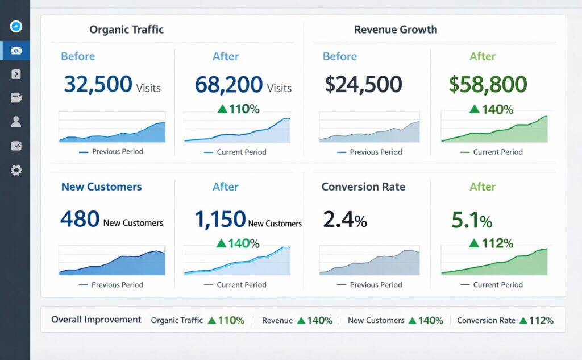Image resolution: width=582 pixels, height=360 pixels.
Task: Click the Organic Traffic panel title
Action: tap(126, 30)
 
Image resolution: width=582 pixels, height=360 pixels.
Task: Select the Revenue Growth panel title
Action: tap(396, 30)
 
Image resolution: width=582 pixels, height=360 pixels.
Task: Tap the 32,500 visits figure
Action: tap(98, 84)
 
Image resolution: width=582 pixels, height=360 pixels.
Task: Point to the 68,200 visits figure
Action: tap(228, 84)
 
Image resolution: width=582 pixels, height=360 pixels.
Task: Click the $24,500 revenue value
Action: tap(363, 84)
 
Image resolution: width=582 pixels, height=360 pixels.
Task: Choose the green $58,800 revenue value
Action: tap(488, 84)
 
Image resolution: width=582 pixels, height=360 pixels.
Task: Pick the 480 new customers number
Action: tap(80, 219)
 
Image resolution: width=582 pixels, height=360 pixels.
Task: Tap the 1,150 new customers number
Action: tap(220, 219)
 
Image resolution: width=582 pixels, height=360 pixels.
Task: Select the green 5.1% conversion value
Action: tap(471, 220)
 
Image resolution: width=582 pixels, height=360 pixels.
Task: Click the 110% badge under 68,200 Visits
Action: tap(238, 109)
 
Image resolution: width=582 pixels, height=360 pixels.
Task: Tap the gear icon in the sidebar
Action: tap(16, 170)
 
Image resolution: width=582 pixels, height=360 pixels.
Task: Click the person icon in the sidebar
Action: tap(16, 121)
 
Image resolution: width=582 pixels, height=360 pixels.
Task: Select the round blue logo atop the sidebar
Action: tap(16, 26)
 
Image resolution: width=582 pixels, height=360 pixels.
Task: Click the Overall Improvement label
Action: tap(96, 320)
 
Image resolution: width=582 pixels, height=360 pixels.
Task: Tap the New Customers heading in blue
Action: tap(101, 187)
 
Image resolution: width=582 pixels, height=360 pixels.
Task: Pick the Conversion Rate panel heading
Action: tap(363, 187)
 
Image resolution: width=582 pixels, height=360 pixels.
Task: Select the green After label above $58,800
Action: tap(483, 56)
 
